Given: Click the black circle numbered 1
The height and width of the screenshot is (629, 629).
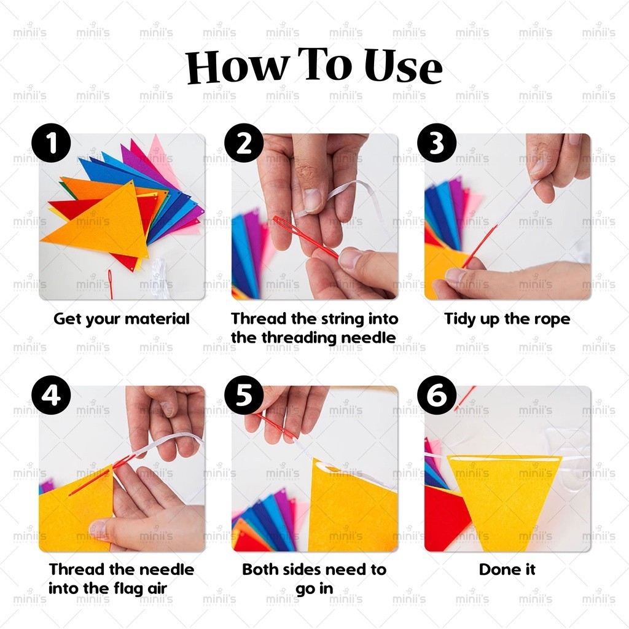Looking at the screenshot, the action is coord(52,143).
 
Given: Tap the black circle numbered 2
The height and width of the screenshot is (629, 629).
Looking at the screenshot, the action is coord(244,143).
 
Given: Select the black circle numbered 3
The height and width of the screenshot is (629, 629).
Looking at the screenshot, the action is coord(437,143).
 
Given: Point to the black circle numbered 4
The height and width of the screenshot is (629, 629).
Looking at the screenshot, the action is coord(52,395).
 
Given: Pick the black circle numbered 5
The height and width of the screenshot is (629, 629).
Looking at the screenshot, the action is coord(244,395).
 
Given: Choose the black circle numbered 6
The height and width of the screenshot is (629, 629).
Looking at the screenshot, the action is coord(437,395).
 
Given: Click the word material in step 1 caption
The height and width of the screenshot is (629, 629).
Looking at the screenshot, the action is coord(157,319).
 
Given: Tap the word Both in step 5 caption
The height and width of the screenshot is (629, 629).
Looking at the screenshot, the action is coord(258,569).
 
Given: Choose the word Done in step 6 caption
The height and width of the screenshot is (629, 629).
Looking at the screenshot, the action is coord(495,569).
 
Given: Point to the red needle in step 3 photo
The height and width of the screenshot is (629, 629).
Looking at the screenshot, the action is coord(479,246).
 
